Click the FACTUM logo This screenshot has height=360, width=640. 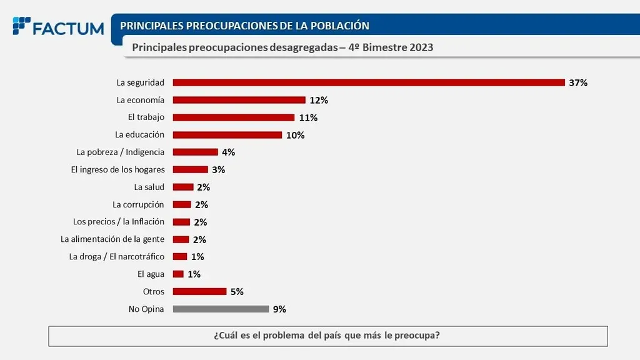pos(58,27)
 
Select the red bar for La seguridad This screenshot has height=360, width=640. pos(369,82)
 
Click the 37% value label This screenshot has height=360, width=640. pos(578,82)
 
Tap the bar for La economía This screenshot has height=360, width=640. pos(239,100)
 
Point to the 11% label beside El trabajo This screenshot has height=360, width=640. pos(309,117)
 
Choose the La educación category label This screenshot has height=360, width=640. pos(140,134)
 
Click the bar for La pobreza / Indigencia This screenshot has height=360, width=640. pos(195,152)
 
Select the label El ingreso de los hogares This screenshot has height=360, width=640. pos(118,169)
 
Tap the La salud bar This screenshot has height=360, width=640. pos(183,187)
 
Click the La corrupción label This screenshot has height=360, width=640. pos(138,204)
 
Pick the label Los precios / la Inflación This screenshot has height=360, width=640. pos(119,221)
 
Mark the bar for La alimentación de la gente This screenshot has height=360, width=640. pos(181,239)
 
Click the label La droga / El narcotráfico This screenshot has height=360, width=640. pos(117,256)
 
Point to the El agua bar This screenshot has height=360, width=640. pos(178,274)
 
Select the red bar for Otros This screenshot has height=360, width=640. pos(199,291)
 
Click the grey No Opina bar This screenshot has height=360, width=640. pos(221,309)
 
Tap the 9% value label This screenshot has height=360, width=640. pos(279,309)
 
